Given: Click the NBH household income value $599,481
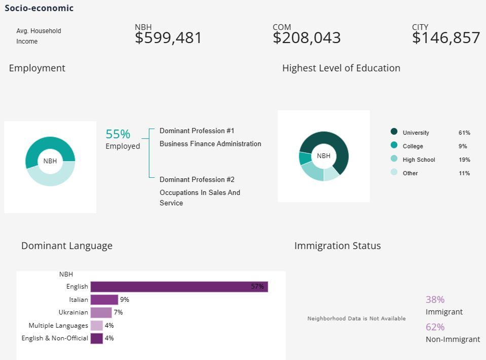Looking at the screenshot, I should pyautogui.click(x=168, y=38).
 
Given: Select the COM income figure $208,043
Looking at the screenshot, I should pyautogui.click(x=307, y=38).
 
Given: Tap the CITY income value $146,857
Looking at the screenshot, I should pyautogui.click(x=446, y=38).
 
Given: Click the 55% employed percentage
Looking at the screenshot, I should pyautogui.click(x=118, y=134).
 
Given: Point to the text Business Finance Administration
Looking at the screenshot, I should pyautogui.click(x=210, y=144).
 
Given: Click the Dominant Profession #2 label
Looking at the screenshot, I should pyautogui.click(x=197, y=180).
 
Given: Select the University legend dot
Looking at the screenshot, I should pyautogui.click(x=394, y=132).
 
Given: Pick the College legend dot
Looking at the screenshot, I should pyautogui.click(x=394, y=145).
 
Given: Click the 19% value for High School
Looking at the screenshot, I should pyautogui.click(x=464, y=160).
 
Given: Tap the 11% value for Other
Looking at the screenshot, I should pyautogui.click(x=464, y=173).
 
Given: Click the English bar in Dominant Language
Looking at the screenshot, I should pyautogui.click(x=179, y=287).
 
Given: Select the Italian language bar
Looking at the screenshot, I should pyautogui.click(x=104, y=300).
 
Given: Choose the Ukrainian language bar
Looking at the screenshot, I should pyautogui.click(x=101, y=312).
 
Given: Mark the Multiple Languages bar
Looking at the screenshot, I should pyautogui.click(x=96, y=326).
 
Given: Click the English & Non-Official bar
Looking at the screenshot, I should pyautogui.click(x=96, y=338).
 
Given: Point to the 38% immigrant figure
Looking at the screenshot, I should pyautogui.click(x=435, y=300).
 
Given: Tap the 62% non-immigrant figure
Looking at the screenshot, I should pyautogui.click(x=435, y=327).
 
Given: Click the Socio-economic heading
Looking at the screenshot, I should pyautogui.click(x=39, y=8).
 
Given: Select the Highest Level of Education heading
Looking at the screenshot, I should pyautogui.click(x=341, y=68).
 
